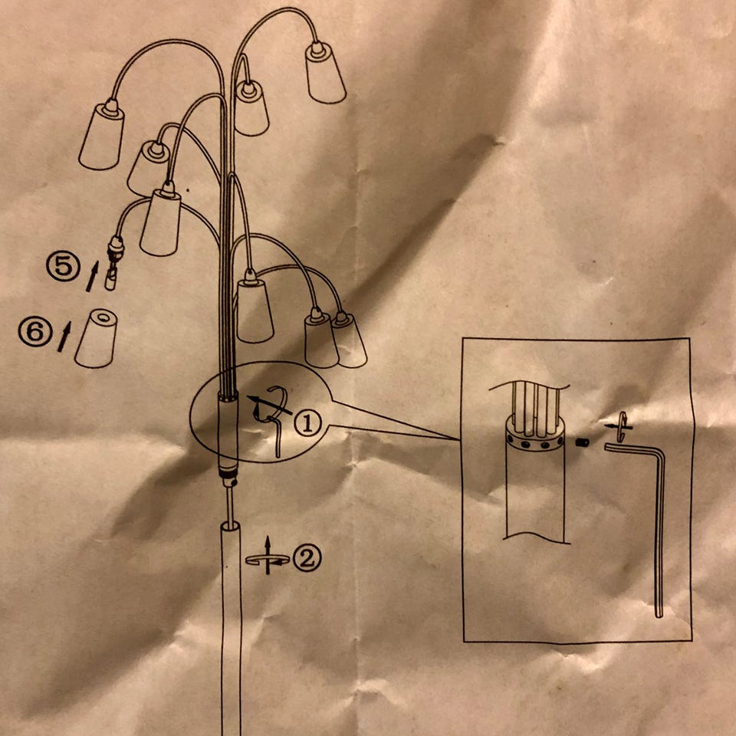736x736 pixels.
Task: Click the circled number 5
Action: pos(63,266)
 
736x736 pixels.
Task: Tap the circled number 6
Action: pos(35,331)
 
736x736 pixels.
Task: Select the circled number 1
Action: pos(308,422)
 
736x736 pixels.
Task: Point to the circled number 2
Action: pos(307,558)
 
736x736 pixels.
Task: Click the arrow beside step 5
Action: pos(93,277)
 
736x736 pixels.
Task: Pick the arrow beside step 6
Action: pos(64,337)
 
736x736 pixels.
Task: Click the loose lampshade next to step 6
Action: pos(97,338)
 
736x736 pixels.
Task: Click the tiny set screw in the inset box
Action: pos(582,442)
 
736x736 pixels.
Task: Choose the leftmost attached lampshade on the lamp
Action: pos(102,135)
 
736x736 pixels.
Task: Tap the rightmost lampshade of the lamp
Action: pos(348,340)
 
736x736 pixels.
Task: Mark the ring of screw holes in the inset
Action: pos(534,443)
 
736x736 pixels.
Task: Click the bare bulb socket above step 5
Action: pos(115,248)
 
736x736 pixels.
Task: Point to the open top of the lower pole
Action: pos(231,526)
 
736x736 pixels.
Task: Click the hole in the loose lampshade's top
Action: pos(106,318)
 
